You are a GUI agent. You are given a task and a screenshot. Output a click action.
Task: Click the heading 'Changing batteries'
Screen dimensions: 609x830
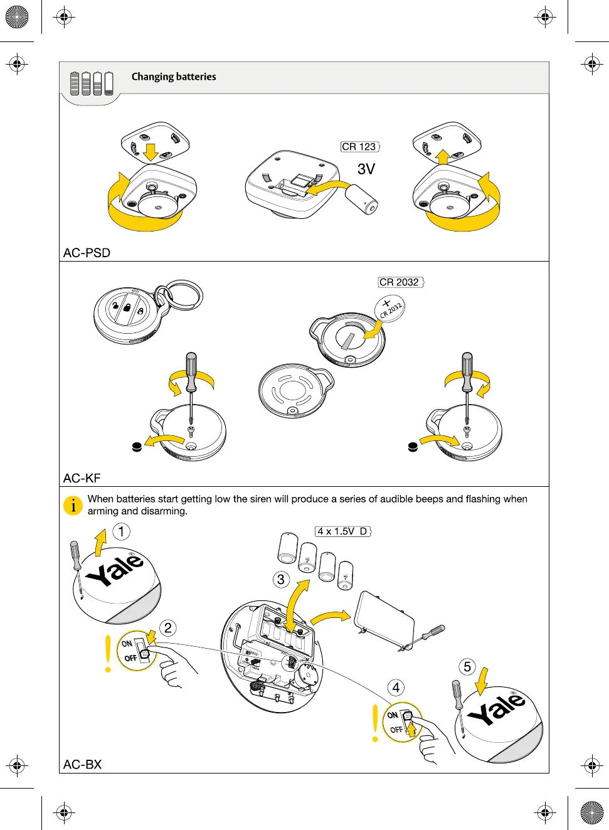[174, 77]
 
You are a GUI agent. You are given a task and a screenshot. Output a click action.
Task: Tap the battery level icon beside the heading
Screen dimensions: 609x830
[92, 83]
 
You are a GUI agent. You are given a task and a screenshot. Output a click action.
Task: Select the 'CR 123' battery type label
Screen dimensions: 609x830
[359, 147]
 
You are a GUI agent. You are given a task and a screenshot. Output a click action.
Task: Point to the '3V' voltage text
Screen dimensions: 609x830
[366, 169]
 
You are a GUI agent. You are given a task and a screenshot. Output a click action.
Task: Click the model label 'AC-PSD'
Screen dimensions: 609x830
[87, 253]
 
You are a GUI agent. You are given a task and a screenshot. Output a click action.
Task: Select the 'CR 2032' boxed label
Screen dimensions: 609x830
[400, 282]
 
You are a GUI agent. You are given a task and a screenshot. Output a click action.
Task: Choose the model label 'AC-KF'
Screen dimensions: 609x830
[82, 478]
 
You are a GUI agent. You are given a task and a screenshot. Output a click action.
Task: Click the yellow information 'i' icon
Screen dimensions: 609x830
[73, 505]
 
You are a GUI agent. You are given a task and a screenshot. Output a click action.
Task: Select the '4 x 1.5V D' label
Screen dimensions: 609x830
[342, 531]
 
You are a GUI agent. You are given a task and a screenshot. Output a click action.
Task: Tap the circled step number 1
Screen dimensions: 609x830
[121, 532]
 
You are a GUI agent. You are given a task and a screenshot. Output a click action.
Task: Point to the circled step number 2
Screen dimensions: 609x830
[167, 628]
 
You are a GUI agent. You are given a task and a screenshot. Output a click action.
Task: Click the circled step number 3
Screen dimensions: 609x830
[281, 579]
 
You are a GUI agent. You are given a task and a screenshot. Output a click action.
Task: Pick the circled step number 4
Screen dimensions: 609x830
[396, 688]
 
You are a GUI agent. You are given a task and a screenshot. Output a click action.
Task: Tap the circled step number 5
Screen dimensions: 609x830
[467, 666]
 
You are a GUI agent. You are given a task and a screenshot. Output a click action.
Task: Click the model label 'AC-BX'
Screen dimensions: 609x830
[82, 764]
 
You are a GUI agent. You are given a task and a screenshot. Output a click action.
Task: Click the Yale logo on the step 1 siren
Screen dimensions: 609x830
[115, 570]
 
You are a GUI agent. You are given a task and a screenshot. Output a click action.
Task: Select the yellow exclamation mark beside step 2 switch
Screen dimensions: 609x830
[109, 654]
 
